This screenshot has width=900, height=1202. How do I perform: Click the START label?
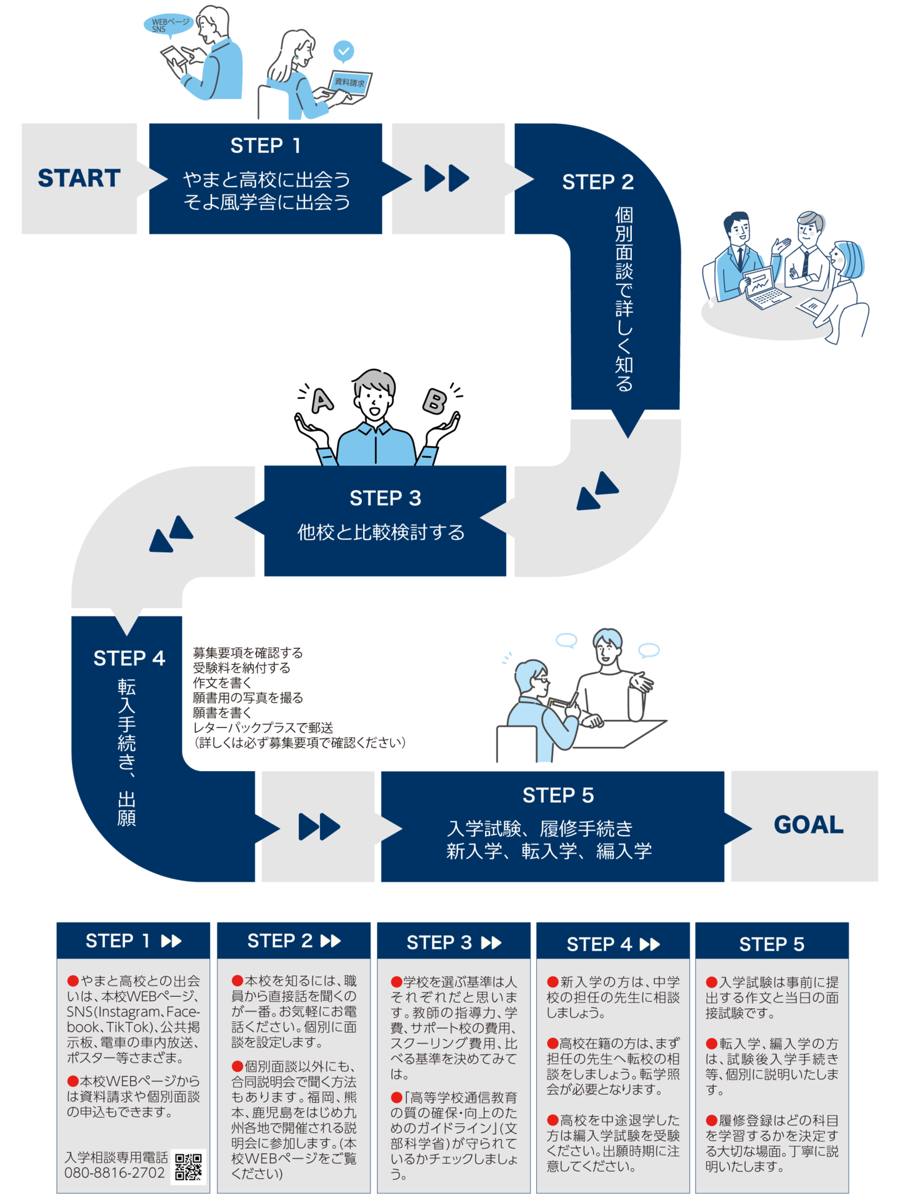click(x=79, y=178)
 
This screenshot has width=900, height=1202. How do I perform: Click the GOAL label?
click(x=808, y=825)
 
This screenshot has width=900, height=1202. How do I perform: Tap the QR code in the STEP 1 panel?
click(x=188, y=1166)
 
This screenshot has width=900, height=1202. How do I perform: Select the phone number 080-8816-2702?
click(x=114, y=1173)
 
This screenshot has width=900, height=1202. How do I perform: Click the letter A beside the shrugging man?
click(x=322, y=401)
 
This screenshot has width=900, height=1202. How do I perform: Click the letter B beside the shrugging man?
click(x=434, y=401)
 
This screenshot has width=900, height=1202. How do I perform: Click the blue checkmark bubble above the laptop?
click(x=343, y=51)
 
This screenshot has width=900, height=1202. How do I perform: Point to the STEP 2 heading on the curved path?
click(x=597, y=182)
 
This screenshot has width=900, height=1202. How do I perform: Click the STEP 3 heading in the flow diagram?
click(x=385, y=498)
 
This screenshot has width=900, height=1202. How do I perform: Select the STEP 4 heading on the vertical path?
click(x=129, y=659)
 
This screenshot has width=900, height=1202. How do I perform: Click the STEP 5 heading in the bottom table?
click(x=771, y=944)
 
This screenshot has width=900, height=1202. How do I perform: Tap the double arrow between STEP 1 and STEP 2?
click(x=447, y=178)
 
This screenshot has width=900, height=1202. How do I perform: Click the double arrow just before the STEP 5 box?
click(x=319, y=827)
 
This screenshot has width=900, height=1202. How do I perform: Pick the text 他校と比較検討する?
click(x=381, y=532)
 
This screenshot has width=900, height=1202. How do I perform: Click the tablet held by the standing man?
click(x=176, y=60)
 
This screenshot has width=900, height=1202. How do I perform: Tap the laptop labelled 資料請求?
click(x=350, y=84)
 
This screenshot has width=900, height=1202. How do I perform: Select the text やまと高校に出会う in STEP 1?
click(x=266, y=179)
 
